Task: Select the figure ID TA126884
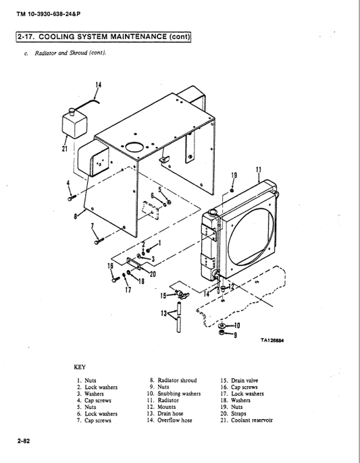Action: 272,340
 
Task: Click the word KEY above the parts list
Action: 80,369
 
